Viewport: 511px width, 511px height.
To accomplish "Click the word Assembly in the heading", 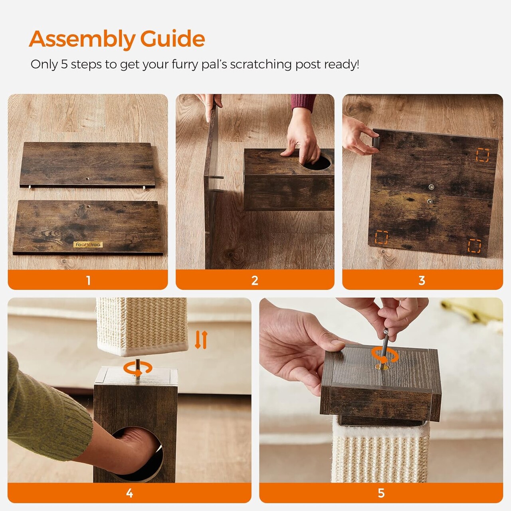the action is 82,40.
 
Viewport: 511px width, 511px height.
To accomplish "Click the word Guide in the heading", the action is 172,38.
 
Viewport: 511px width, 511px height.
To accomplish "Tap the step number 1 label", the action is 88,280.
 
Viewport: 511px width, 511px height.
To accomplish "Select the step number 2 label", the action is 255,280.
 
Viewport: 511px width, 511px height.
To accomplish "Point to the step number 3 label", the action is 422,280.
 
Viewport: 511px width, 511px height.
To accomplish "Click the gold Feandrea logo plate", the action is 88,244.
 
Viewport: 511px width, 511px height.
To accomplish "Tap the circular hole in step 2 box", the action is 317,162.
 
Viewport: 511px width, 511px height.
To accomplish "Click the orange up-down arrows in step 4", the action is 201,340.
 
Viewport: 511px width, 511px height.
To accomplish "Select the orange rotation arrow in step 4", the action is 138,368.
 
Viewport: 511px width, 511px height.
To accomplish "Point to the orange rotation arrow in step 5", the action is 384,355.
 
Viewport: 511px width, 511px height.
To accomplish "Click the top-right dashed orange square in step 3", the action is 482,155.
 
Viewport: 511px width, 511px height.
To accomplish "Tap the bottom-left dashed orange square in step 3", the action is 381,237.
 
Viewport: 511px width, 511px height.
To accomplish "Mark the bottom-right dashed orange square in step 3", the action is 474,246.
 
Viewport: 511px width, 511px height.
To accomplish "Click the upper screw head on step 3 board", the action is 432,187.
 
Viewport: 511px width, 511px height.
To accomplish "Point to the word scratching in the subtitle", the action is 261,65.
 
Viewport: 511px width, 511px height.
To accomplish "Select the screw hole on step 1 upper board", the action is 87,179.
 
